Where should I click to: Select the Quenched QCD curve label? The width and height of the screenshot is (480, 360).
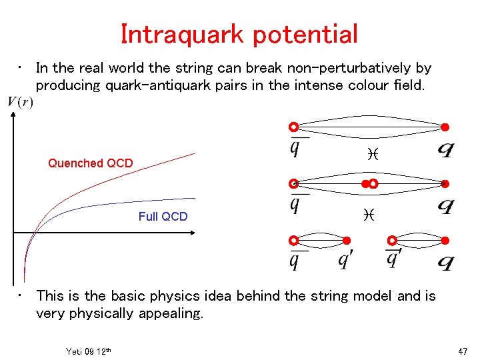(x=90, y=163)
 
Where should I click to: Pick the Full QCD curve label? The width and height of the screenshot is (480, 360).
(x=163, y=217)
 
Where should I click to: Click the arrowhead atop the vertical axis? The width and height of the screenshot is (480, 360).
(x=13, y=114)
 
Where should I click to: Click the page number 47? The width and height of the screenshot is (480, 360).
(x=463, y=351)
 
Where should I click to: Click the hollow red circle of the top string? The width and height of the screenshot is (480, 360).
(x=293, y=127)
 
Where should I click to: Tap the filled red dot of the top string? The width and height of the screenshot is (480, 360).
(x=445, y=127)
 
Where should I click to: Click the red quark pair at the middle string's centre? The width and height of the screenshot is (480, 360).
(x=369, y=183)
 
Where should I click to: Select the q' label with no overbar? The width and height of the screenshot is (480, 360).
(x=344, y=259)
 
